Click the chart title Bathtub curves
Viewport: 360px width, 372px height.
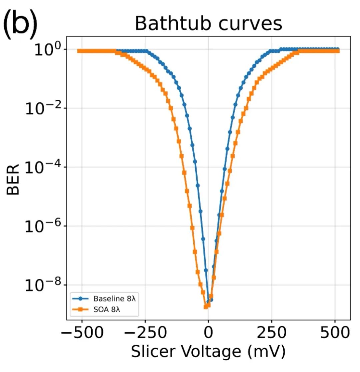pos(208,23)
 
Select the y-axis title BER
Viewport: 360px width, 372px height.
pos(13,178)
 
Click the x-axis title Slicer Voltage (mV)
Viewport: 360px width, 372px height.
pos(208,352)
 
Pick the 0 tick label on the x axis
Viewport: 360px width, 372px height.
pos(208,333)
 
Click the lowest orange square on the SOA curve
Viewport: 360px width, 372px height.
pos(206,307)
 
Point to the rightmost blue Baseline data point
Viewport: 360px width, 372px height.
pos(338,49)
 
